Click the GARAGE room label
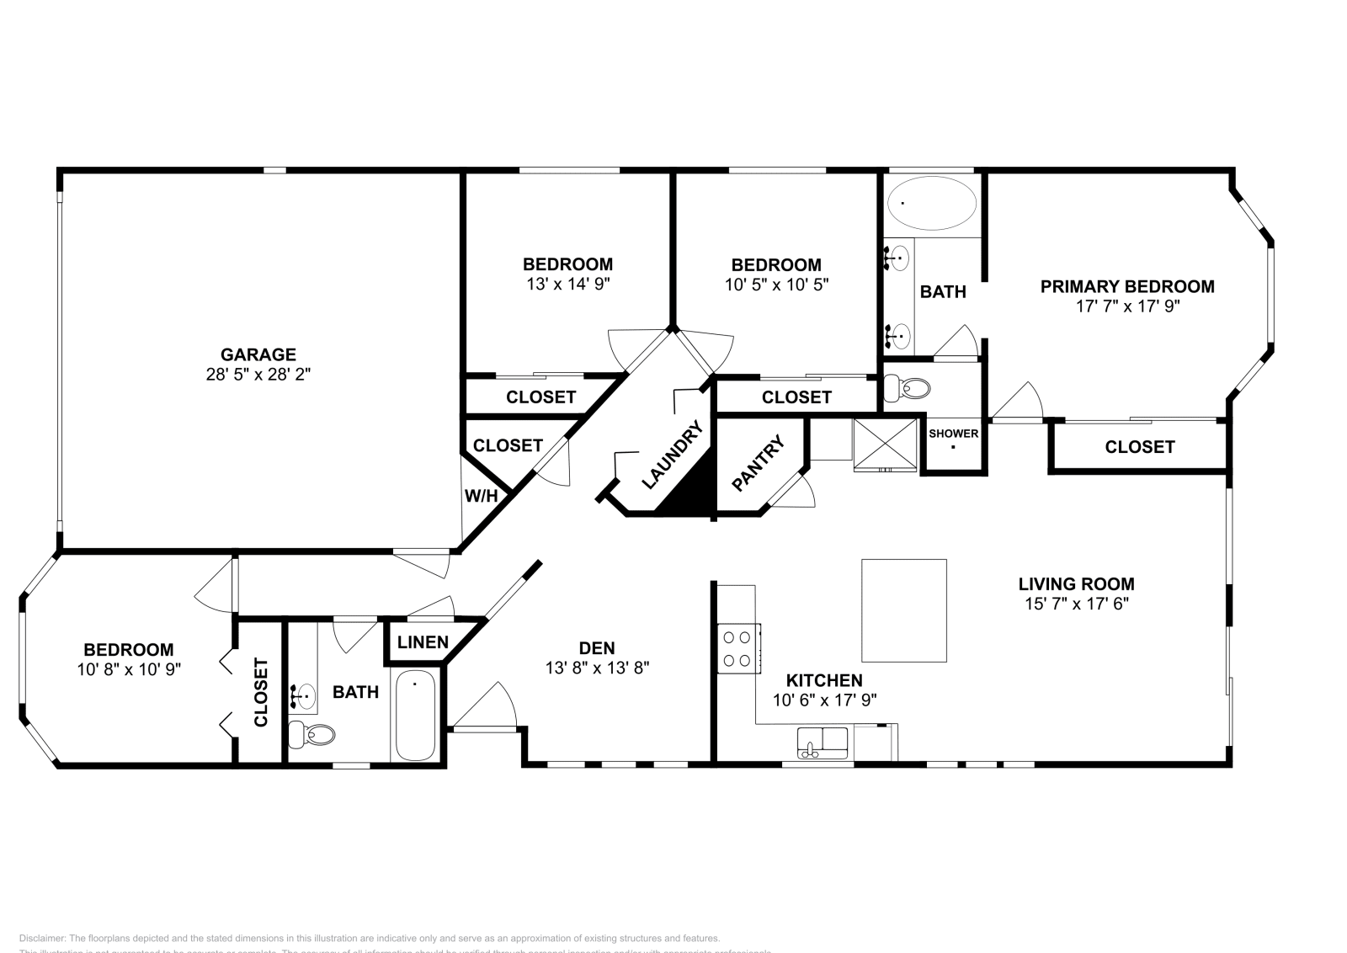[258, 354]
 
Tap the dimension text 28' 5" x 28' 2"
[258, 375]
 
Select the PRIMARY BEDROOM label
[1127, 286]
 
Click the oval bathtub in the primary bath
[933, 203]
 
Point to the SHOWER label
[953, 434]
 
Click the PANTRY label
[759, 463]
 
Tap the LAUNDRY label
[672, 455]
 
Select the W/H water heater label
[481, 496]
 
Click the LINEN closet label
[423, 642]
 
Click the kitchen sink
[823, 742]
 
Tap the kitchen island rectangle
[903, 610]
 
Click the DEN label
[597, 648]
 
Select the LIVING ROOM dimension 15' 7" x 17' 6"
[1076, 604]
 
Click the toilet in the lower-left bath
[311, 734]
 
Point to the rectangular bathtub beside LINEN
[415, 715]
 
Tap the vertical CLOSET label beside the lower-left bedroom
[261, 692]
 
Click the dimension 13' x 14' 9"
[567, 285]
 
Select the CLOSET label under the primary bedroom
[1139, 447]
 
